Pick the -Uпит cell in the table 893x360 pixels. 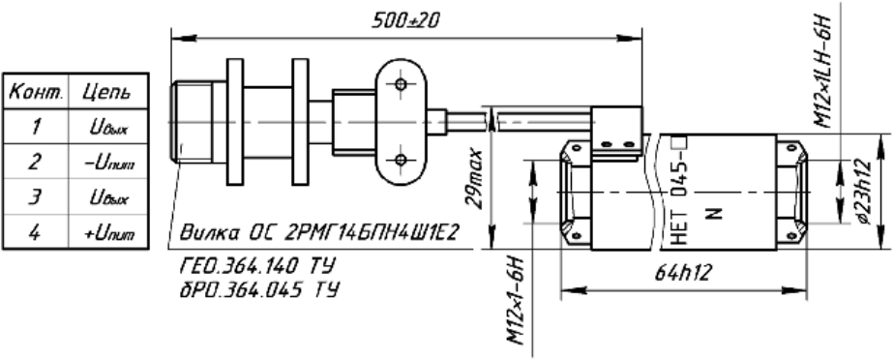pyautogui.click(x=112, y=162)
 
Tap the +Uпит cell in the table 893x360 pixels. pyautogui.click(x=112, y=231)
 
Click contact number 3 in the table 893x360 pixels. pyautogui.click(x=35, y=196)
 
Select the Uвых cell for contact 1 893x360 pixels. pyautogui.click(x=112, y=127)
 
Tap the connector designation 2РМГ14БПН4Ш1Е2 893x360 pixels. pyautogui.click(x=372, y=234)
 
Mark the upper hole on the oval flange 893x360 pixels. pyautogui.click(x=399, y=87)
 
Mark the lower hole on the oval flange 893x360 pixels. pyautogui.click(x=399, y=157)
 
